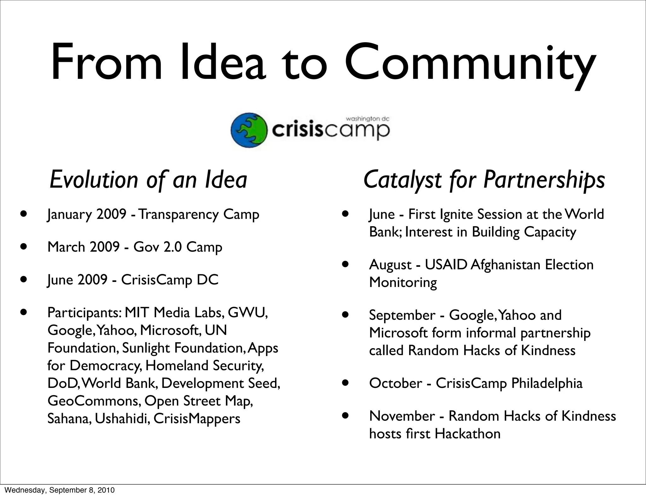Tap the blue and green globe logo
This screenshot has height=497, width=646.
[249, 130]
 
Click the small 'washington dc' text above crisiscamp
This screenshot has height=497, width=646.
[368, 119]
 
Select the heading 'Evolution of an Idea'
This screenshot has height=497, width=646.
[148, 180]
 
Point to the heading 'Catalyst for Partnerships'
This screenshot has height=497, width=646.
[484, 180]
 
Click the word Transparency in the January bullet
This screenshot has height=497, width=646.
[179, 214]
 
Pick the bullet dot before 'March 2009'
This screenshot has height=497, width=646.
[23, 246]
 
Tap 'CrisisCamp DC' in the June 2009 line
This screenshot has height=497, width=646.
[170, 280]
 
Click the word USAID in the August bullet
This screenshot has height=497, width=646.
[446, 265]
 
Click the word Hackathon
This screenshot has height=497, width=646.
[467, 434]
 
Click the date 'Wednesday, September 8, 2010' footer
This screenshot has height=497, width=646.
[60, 490]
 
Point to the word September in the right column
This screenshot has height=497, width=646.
[402, 315]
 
